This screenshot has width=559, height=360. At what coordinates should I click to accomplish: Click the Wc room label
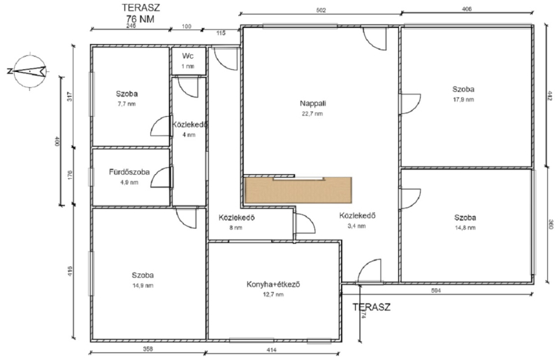point(188,56)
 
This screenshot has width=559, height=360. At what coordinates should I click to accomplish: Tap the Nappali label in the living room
point(312,104)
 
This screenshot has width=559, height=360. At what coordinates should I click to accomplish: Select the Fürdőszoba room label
point(129,172)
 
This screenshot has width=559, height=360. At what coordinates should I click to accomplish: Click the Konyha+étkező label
point(273,285)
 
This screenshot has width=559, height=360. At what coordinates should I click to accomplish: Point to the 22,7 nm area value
point(312,114)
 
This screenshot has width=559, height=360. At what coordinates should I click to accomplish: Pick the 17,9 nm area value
point(463,99)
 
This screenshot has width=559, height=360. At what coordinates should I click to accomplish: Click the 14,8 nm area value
point(465,228)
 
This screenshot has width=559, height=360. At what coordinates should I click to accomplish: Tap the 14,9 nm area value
point(143,285)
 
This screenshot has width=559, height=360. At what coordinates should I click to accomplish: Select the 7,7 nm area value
point(126,104)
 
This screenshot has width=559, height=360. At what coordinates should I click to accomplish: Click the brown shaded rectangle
point(298,190)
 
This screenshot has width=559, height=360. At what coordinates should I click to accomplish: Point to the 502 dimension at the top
point(321,10)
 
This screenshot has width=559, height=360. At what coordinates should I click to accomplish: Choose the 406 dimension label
point(467,9)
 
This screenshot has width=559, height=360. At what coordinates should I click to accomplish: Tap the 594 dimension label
point(436,291)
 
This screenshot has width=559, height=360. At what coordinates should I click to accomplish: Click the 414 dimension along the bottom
point(272,350)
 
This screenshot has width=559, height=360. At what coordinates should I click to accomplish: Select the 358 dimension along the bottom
point(147,349)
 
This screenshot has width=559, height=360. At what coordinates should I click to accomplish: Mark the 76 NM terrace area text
point(140,19)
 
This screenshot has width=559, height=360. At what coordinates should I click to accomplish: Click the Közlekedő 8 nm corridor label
point(236,222)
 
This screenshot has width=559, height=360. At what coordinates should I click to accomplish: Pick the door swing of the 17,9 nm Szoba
point(410,104)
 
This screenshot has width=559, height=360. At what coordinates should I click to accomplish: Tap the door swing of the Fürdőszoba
point(161,178)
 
